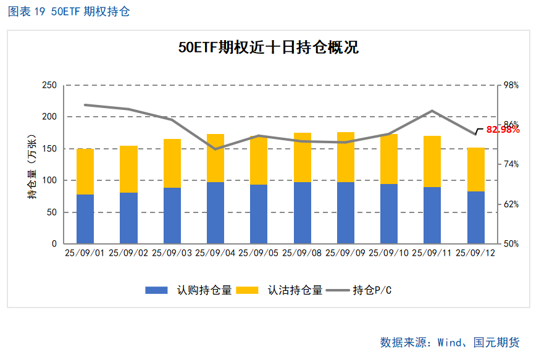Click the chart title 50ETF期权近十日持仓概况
click(x=268, y=48)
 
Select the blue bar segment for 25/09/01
click(x=85, y=219)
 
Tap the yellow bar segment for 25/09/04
click(x=215, y=158)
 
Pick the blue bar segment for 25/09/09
click(x=346, y=213)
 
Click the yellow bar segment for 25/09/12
click(x=476, y=170)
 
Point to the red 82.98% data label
click(x=503, y=130)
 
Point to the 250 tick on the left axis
click(x=49, y=85)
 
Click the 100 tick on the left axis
click(x=49, y=180)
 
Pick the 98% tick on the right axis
click(x=511, y=85)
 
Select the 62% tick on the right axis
click(x=511, y=204)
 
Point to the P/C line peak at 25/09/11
click(x=432, y=111)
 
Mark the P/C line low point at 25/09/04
click(x=215, y=149)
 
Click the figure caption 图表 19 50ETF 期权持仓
click(x=69, y=12)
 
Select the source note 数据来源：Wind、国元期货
click(x=449, y=342)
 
